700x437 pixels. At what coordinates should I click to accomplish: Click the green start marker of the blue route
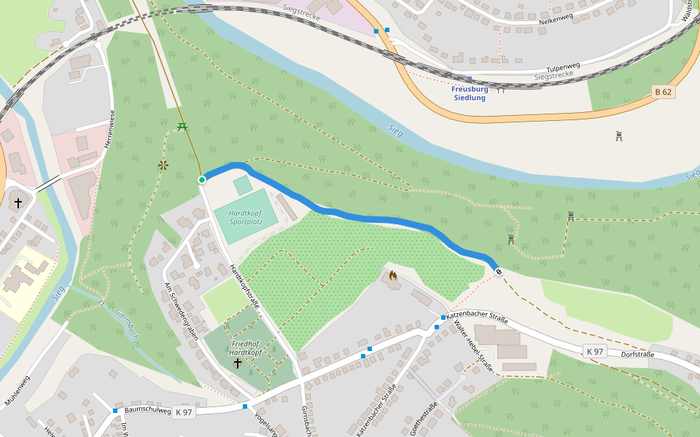(x=202, y=179)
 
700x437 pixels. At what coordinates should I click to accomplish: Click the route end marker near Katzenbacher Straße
(x=499, y=272)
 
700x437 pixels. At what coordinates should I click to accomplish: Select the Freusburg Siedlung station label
(x=469, y=93)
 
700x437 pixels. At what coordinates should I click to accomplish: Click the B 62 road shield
(x=662, y=92)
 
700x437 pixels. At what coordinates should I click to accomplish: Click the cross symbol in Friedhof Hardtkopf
(x=237, y=362)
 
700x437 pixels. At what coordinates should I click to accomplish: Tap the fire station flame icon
(x=393, y=275)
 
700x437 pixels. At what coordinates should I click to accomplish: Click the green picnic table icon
(x=182, y=127)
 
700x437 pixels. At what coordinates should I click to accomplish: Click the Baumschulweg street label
(x=148, y=410)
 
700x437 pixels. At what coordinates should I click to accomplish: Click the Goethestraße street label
(x=424, y=419)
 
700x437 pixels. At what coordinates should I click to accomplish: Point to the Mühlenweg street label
(x=18, y=390)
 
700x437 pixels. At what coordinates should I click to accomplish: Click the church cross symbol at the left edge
(x=17, y=203)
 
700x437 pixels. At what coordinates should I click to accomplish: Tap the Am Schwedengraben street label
(x=182, y=312)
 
